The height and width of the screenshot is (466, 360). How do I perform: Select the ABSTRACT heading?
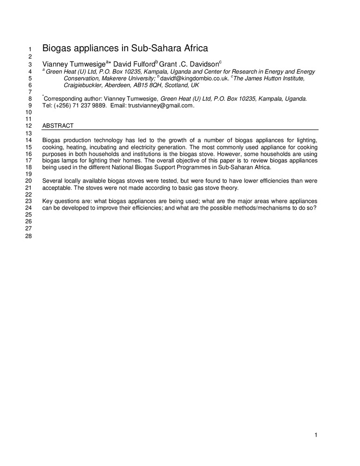pyautogui.click(x=58, y=126)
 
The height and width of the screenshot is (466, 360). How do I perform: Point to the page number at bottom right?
pyautogui.click(x=316, y=435)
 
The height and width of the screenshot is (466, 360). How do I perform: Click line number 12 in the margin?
pyautogui.click(x=28, y=126)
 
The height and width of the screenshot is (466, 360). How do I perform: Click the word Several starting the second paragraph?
pyautogui.click(x=53, y=180)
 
